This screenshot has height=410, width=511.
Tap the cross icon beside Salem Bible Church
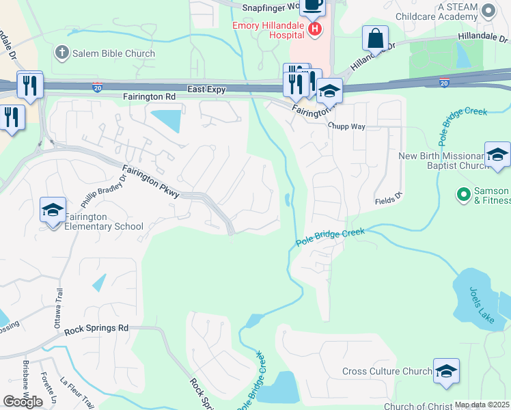(x=61, y=53)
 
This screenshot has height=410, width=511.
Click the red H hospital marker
(x=315, y=29)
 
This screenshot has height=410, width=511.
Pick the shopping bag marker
(x=375, y=38)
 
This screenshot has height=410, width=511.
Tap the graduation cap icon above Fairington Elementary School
(x=53, y=210)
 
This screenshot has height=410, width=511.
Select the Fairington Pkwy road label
(x=151, y=182)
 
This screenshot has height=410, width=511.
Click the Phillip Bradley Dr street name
(x=104, y=189)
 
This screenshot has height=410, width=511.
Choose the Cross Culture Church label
(x=387, y=372)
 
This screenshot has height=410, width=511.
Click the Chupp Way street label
(x=346, y=126)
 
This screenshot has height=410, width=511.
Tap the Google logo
(x=23, y=402)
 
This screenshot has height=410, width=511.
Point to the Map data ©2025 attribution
(x=482, y=405)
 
